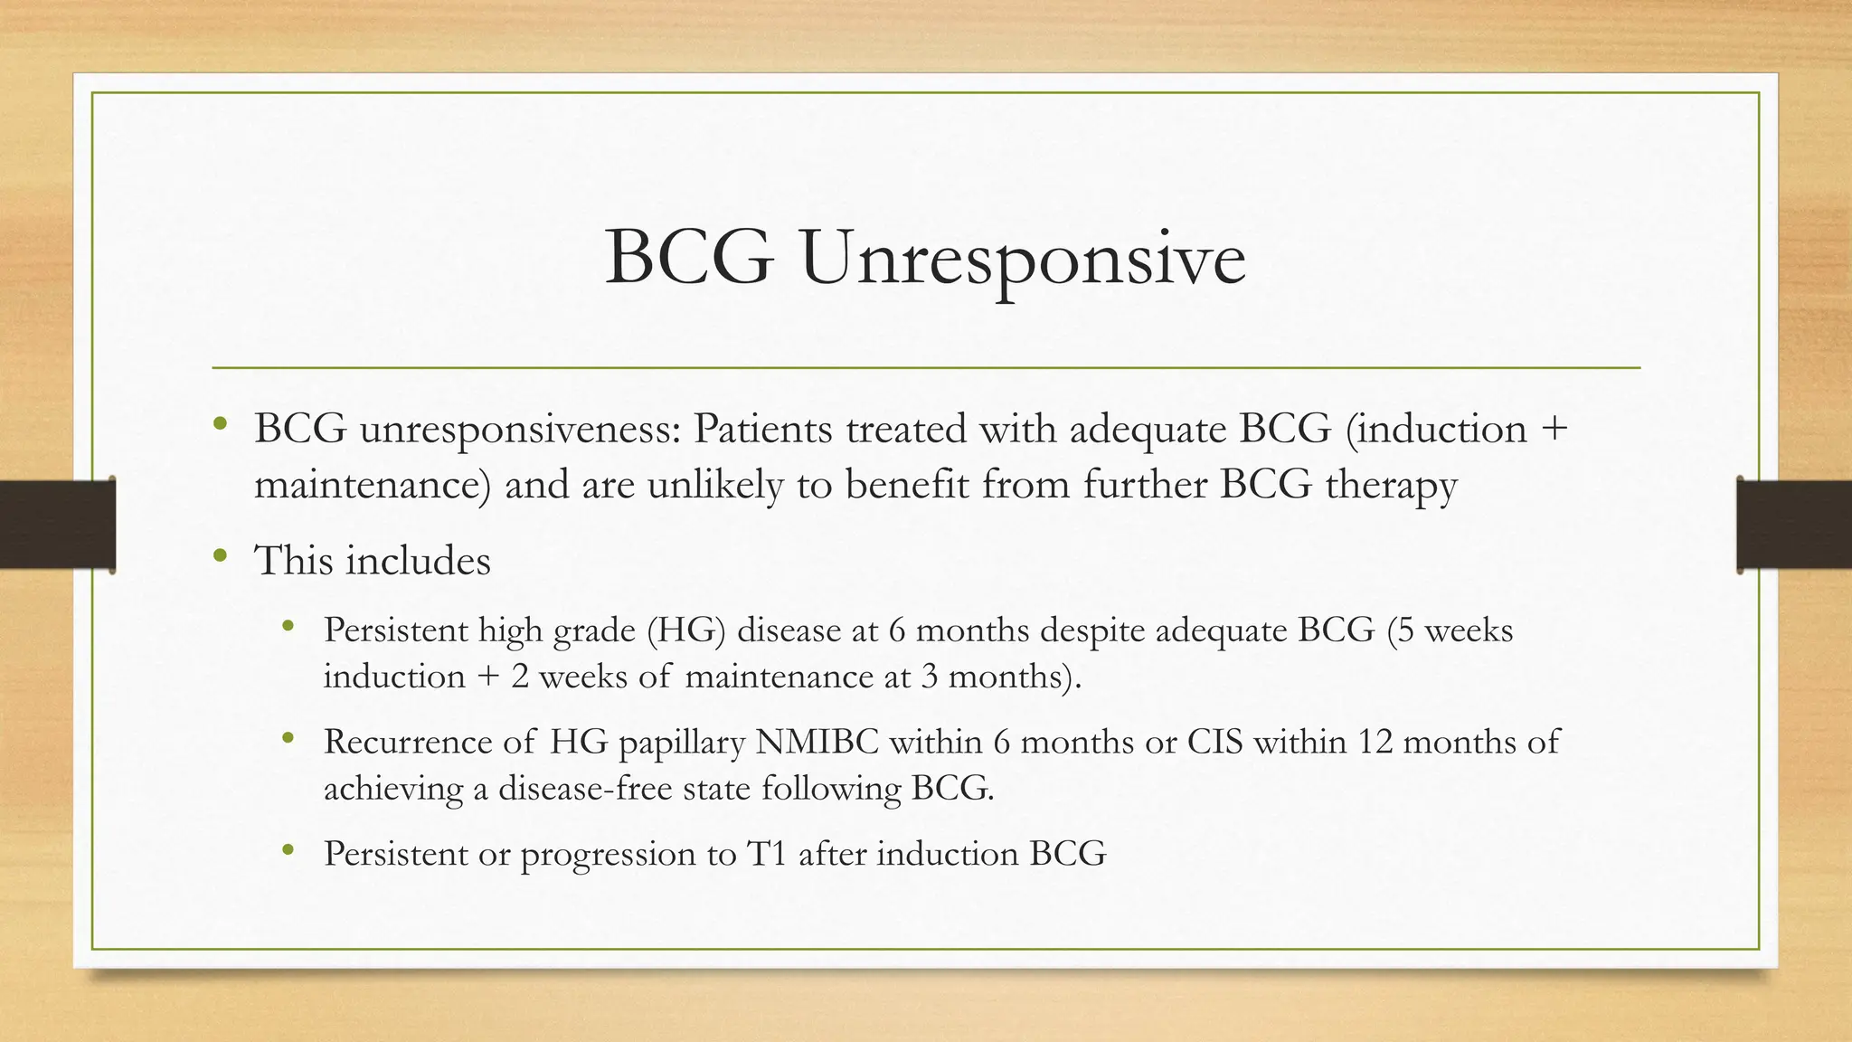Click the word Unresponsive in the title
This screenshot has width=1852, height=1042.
[1022, 260]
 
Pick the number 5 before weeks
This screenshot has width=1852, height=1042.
[1405, 630]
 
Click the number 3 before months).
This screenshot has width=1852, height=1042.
[929, 677]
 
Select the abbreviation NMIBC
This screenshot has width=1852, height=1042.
[817, 743]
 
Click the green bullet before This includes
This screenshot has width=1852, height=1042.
[220, 557]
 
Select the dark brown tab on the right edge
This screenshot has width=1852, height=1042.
[1794, 525]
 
